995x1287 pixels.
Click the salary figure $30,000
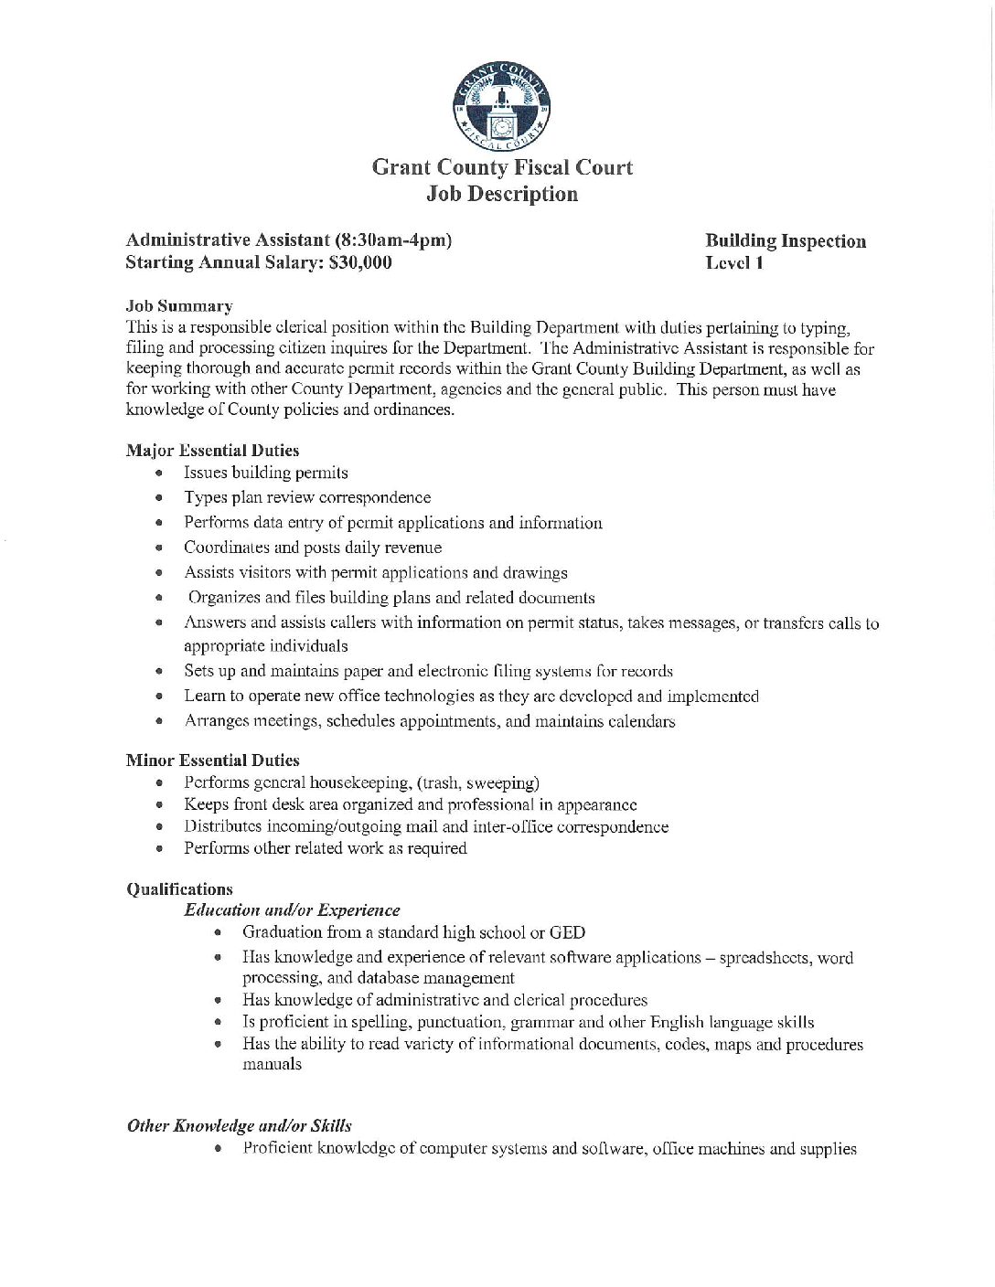click(360, 263)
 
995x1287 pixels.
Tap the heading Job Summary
click(179, 306)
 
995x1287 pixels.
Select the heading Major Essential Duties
click(212, 451)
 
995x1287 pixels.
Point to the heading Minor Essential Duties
click(212, 760)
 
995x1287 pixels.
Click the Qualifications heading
click(179, 889)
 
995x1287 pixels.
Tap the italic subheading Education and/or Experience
click(292, 910)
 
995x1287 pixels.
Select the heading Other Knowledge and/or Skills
click(239, 1126)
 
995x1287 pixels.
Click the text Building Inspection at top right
click(786, 241)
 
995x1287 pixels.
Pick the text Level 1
click(734, 263)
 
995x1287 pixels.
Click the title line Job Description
click(502, 194)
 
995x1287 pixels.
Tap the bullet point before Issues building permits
click(160, 473)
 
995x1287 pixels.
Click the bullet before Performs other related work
click(160, 849)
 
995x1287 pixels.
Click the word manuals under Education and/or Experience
click(272, 1065)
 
